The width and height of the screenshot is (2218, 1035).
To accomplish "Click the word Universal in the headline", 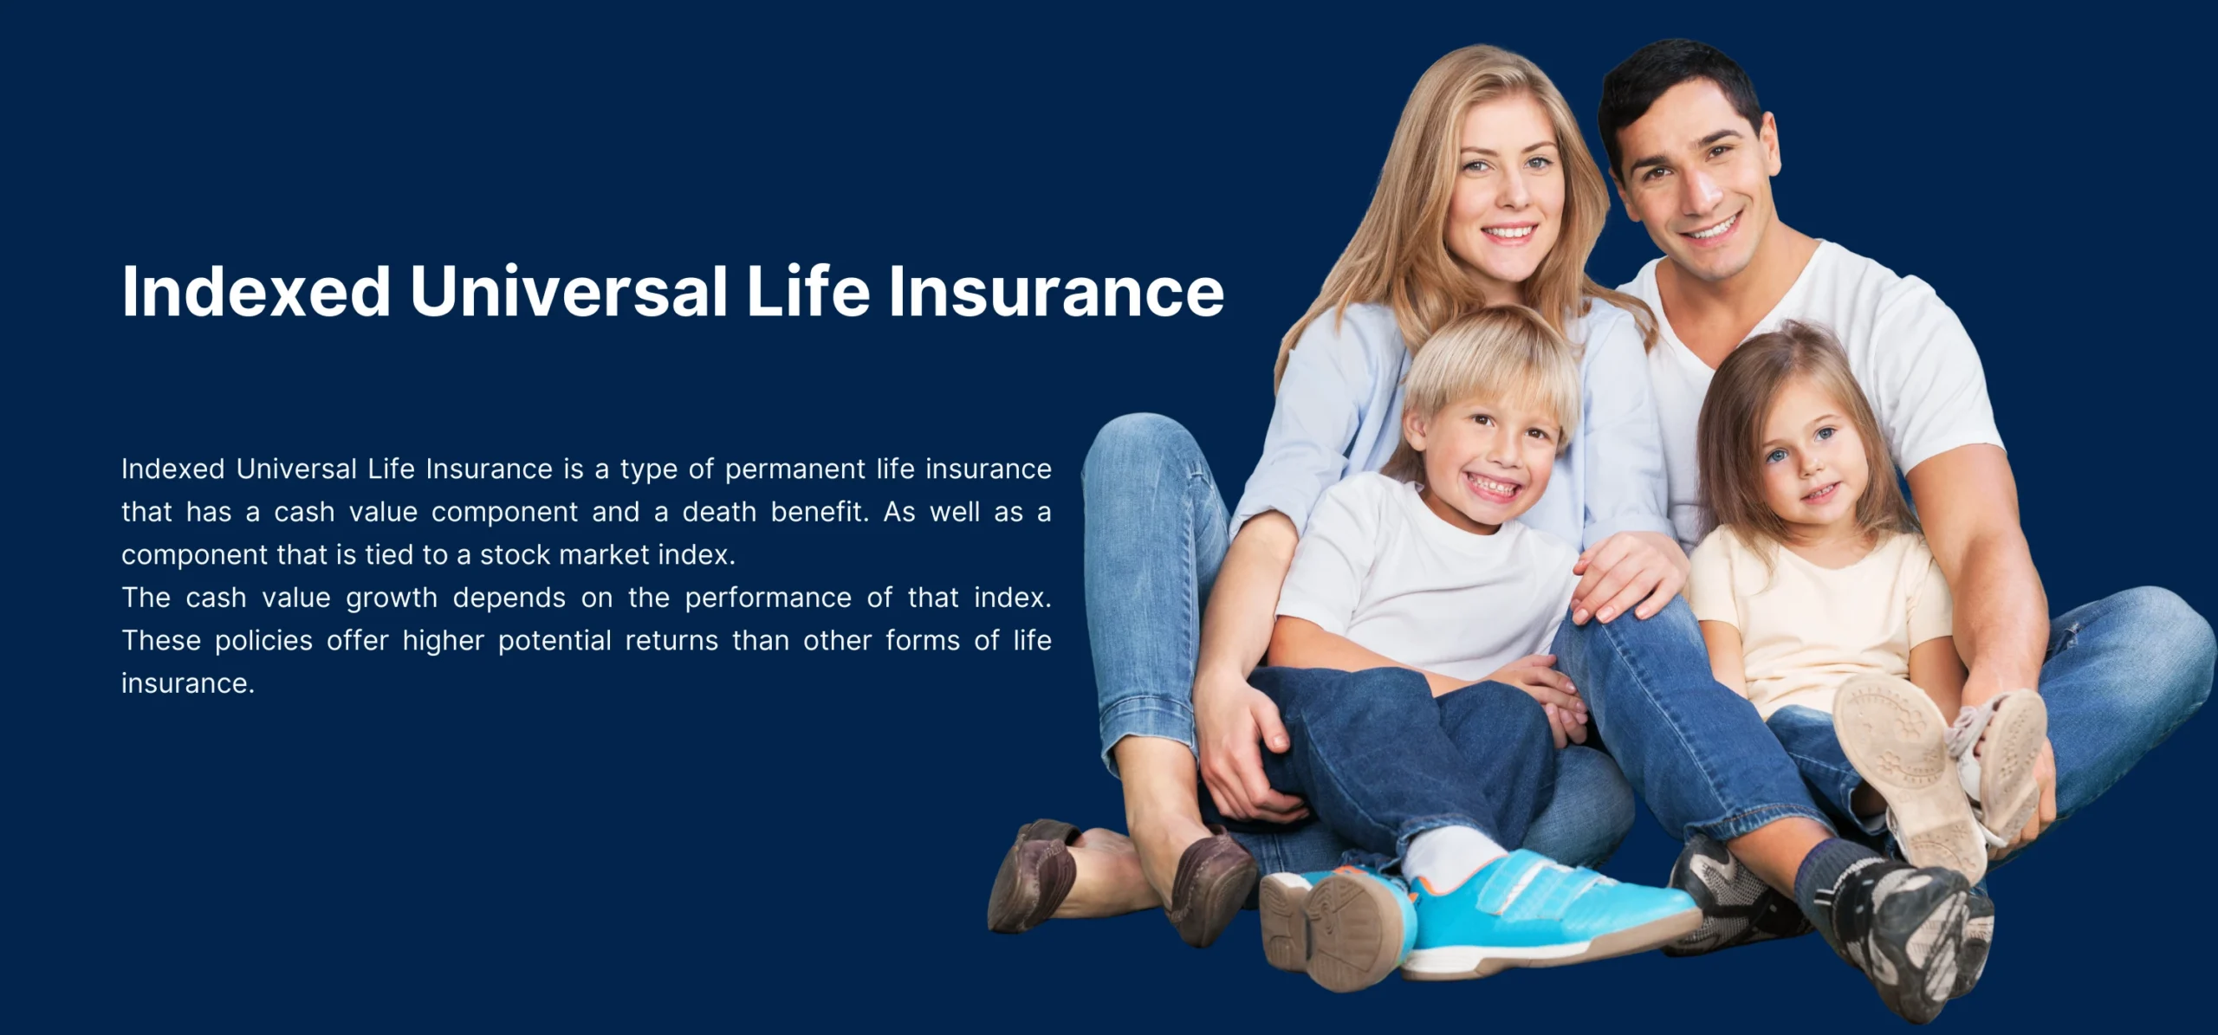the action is [x=568, y=291].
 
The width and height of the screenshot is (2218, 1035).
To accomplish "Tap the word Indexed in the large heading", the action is [x=256, y=291].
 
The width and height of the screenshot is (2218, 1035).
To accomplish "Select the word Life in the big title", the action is [x=807, y=291].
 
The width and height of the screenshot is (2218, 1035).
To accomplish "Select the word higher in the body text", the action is [x=443, y=642].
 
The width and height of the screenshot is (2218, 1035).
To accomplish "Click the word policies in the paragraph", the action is [x=263, y=642].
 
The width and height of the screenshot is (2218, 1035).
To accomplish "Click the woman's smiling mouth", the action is [x=1509, y=233].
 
